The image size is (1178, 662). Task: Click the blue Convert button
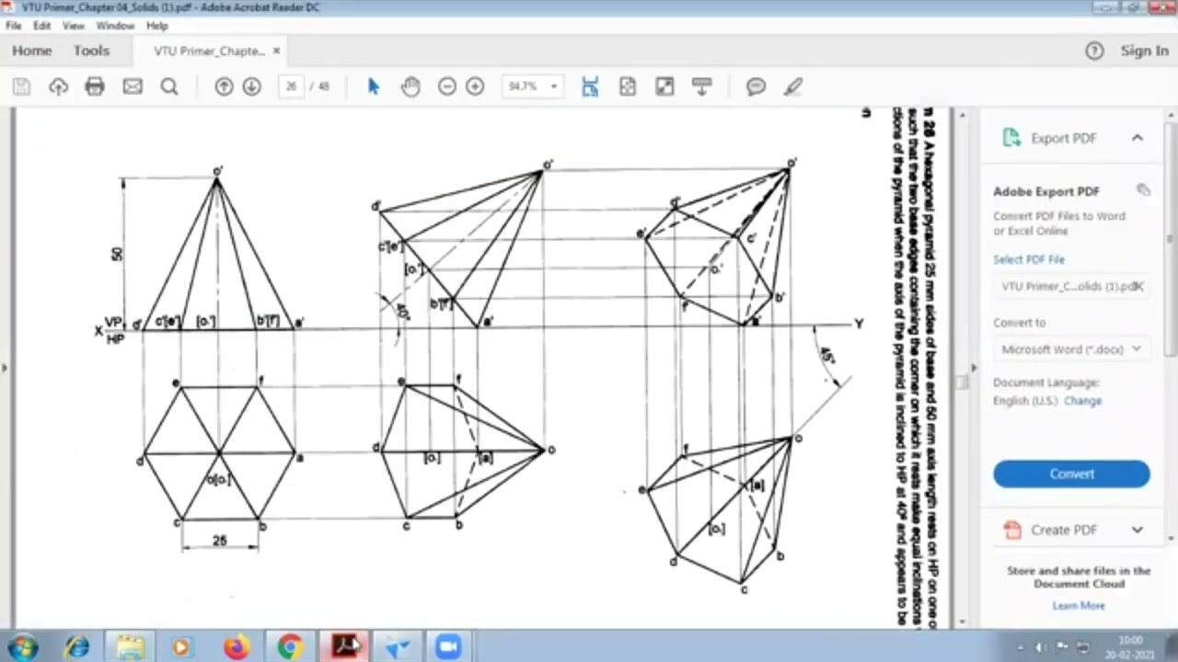pyautogui.click(x=1071, y=474)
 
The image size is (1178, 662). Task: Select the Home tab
pyautogui.click(x=32, y=51)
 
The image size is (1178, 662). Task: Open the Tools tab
pyautogui.click(x=91, y=51)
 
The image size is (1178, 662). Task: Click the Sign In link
pyautogui.click(x=1144, y=51)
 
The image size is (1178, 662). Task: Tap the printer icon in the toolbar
pyautogui.click(x=95, y=86)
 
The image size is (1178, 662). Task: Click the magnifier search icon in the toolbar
pyautogui.click(x=169, y=86)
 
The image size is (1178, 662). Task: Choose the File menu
pyautogui.click(x=13, y=26)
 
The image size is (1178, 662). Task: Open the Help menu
pyautogui.click(x=156, y=26)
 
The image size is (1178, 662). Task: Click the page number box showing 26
pyautogui.click(x=291, y=86)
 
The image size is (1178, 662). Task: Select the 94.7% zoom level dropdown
pyautogui.click(x=532, y=86)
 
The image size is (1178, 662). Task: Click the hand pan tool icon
pyautogui.click(x=410, y=86)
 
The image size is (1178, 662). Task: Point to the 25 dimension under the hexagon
pyautogui.click(x=219, y=541)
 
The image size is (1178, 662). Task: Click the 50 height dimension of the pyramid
pyautogui.click(x=117, y=253)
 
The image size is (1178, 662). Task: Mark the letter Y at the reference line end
pyautogui.click(x=859, y=324)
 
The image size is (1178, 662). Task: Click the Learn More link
pyautogui.click(x=1078, y=605)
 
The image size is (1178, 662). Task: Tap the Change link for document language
pyautogui.click(x=1082, y=401)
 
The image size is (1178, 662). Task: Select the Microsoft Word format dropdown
pyautogui.click(x=1071, y=349)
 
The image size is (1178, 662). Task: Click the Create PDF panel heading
pyautogui.click(x=1064, y=530)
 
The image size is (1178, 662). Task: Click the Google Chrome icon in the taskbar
pyautogui.click(x=290, y=647)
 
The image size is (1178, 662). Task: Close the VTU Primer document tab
pyautogui.click(x=276, y=51)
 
